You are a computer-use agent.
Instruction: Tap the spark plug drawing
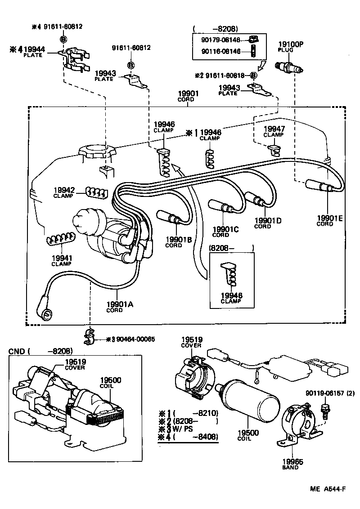[291, 68]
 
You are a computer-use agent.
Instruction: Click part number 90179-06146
[221, 40]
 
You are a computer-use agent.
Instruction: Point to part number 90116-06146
[221, 51]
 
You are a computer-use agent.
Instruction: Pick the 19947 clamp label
[273, 131]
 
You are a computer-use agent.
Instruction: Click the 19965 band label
[292, 464]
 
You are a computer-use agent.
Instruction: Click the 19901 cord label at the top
[185, 96]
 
